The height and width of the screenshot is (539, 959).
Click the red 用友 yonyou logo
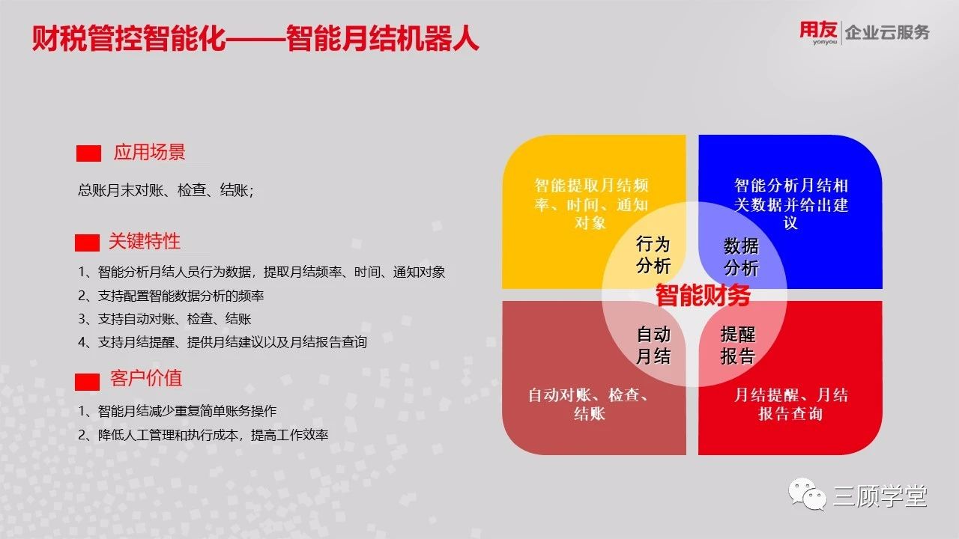[x=818, y=32]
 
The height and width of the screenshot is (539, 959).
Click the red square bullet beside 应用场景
[x=88, y=153]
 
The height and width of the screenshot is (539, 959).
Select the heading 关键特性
[x=145, y=241]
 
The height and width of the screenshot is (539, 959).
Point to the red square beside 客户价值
[x=88, y=382]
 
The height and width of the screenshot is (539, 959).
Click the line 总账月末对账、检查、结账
[x=166, y=190]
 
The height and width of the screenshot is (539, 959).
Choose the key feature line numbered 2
[x=171, y=296]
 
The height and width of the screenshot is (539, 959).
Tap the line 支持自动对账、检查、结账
[x=165, y=319]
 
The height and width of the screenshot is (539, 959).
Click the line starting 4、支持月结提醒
[x=223, y=342]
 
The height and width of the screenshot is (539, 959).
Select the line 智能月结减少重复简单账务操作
[x=178, y=411]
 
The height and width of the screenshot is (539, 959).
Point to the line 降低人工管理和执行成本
[x=203, y=435]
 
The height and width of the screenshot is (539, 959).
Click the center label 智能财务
[x=703, y=295]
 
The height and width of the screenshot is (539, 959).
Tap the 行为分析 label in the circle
[x=653, y=255]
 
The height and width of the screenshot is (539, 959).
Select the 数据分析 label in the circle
[x=741, y=257]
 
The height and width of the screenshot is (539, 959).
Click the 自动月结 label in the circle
[x=653, y=345]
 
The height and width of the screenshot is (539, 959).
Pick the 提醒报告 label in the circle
[x=738, y=345]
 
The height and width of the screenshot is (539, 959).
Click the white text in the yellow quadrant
[x=591, y=204]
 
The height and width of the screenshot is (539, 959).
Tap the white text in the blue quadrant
[x=790, y=204]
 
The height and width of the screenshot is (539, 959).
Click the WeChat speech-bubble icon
[x=808, y=494]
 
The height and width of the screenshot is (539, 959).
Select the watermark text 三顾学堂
[x=880, y=496]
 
